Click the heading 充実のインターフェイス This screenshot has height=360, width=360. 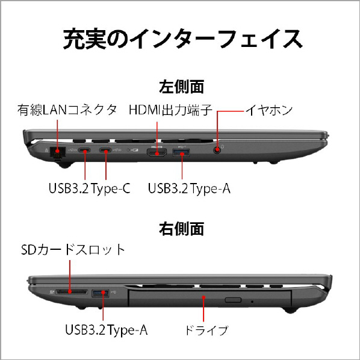[183, 39]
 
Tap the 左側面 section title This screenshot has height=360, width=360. [181, 87]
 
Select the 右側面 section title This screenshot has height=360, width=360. [181, 229]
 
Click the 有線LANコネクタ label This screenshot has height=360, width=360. [67, 110]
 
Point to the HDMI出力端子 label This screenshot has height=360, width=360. [170, 110]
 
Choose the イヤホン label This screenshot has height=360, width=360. [269, 110]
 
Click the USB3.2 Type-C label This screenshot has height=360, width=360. [90, 188]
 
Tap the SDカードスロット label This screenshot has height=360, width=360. [73, 250]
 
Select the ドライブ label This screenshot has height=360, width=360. [206, 331]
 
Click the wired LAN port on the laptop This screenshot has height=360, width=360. [57, 152]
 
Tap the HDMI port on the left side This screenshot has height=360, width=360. [157, 153]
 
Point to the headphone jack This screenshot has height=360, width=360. [217, 151]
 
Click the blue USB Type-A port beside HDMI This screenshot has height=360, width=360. [181, 153]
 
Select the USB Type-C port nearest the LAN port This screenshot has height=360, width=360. [84, 151]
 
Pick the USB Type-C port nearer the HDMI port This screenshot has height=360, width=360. [105, 151]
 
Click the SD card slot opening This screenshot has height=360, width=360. [72, 292]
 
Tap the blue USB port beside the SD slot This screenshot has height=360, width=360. [101, 293]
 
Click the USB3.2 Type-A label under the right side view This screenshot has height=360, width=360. [107, 330]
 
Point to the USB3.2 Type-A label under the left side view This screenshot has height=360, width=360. [189, 188]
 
